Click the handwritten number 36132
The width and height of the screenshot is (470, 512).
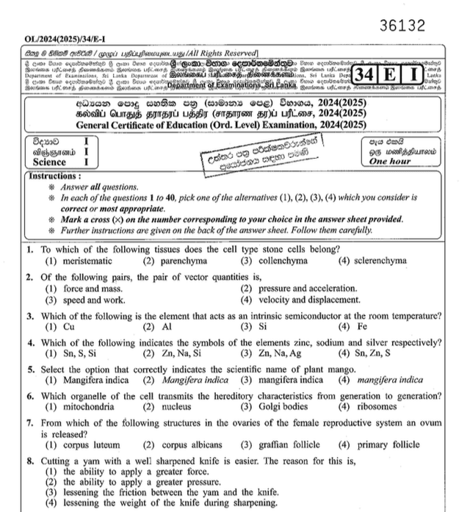[402, 26]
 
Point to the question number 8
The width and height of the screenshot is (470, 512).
[29, 461]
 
